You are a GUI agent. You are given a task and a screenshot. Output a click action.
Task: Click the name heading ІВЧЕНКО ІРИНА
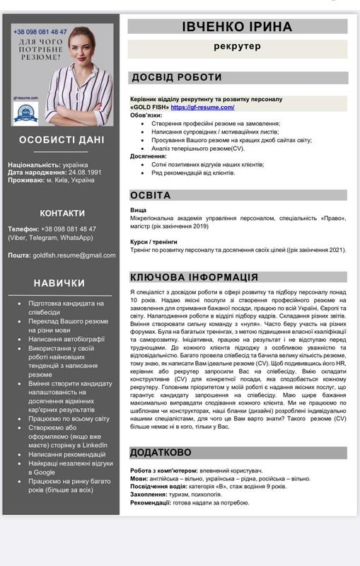(237, 27)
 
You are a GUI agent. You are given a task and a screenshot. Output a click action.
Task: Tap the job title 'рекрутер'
(237, 46)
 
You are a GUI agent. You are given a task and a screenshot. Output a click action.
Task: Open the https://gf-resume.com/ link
(202, 107)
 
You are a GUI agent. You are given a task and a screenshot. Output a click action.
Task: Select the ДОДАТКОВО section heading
(161, 451)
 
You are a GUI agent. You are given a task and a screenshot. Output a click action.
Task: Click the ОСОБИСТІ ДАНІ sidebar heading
(62, 139)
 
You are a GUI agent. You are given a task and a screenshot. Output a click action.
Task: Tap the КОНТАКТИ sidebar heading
(62, 212)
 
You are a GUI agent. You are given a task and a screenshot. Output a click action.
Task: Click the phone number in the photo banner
(40, 32)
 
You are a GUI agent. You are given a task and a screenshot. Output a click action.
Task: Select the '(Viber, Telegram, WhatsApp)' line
(50, 238)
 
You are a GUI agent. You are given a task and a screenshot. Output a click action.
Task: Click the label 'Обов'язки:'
(146, 115)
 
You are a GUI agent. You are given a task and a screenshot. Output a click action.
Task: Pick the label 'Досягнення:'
(149, 156)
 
